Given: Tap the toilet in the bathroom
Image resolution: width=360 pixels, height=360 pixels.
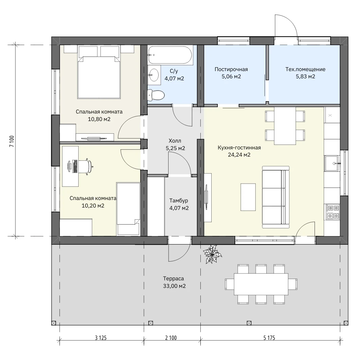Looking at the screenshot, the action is coord(156,95).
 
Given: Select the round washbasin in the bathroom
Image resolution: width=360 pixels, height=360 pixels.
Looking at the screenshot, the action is coord(154,75).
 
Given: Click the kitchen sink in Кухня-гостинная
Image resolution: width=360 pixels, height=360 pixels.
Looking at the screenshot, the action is coord(331,163).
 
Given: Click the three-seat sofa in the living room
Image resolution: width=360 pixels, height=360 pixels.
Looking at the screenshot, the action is coord(276,198).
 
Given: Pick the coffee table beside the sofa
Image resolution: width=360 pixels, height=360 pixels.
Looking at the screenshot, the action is coord(248,197).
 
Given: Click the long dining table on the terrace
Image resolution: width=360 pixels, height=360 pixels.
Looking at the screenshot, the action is coord(261,284).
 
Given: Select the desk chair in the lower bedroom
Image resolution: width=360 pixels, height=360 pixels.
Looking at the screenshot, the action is coord(86,166).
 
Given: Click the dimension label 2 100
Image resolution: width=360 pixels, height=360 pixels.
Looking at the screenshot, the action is coord(171,338).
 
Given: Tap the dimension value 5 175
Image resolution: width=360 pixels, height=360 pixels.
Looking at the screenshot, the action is coord(269,338).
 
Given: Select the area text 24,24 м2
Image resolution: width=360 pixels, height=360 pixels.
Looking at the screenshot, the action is coord(239,155).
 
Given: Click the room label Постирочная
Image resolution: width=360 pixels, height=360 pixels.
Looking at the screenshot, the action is coord(231,69).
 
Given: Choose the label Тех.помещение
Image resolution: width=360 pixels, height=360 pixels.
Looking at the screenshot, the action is coord(305,69).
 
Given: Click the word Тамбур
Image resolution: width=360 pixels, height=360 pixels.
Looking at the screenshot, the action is coord(178,201).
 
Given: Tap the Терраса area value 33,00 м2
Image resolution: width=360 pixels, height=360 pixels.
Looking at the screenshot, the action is coord(174,286).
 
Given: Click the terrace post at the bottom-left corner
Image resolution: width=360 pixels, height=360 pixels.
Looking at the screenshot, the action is coord(53,323).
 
